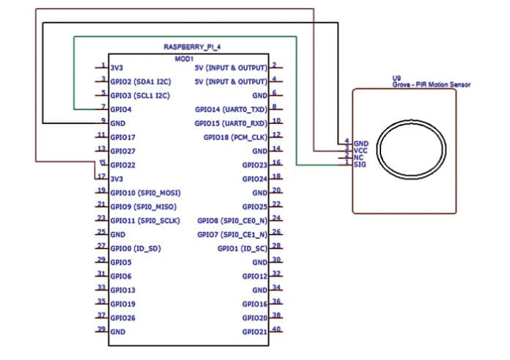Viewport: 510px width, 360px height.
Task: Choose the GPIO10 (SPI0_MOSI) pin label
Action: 145,192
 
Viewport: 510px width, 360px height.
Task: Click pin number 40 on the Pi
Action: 276,331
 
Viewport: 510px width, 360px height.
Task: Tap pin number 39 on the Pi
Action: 101,331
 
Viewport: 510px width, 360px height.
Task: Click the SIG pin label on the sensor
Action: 359,164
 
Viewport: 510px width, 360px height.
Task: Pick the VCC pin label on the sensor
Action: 360,150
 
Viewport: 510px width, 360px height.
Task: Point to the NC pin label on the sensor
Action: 358,157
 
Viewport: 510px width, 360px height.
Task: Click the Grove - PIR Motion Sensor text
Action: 431,85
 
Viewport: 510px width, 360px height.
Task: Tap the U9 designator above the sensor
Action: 398,77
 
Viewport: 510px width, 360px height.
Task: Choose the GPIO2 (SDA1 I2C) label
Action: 139,81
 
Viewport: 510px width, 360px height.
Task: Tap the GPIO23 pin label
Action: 254,164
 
